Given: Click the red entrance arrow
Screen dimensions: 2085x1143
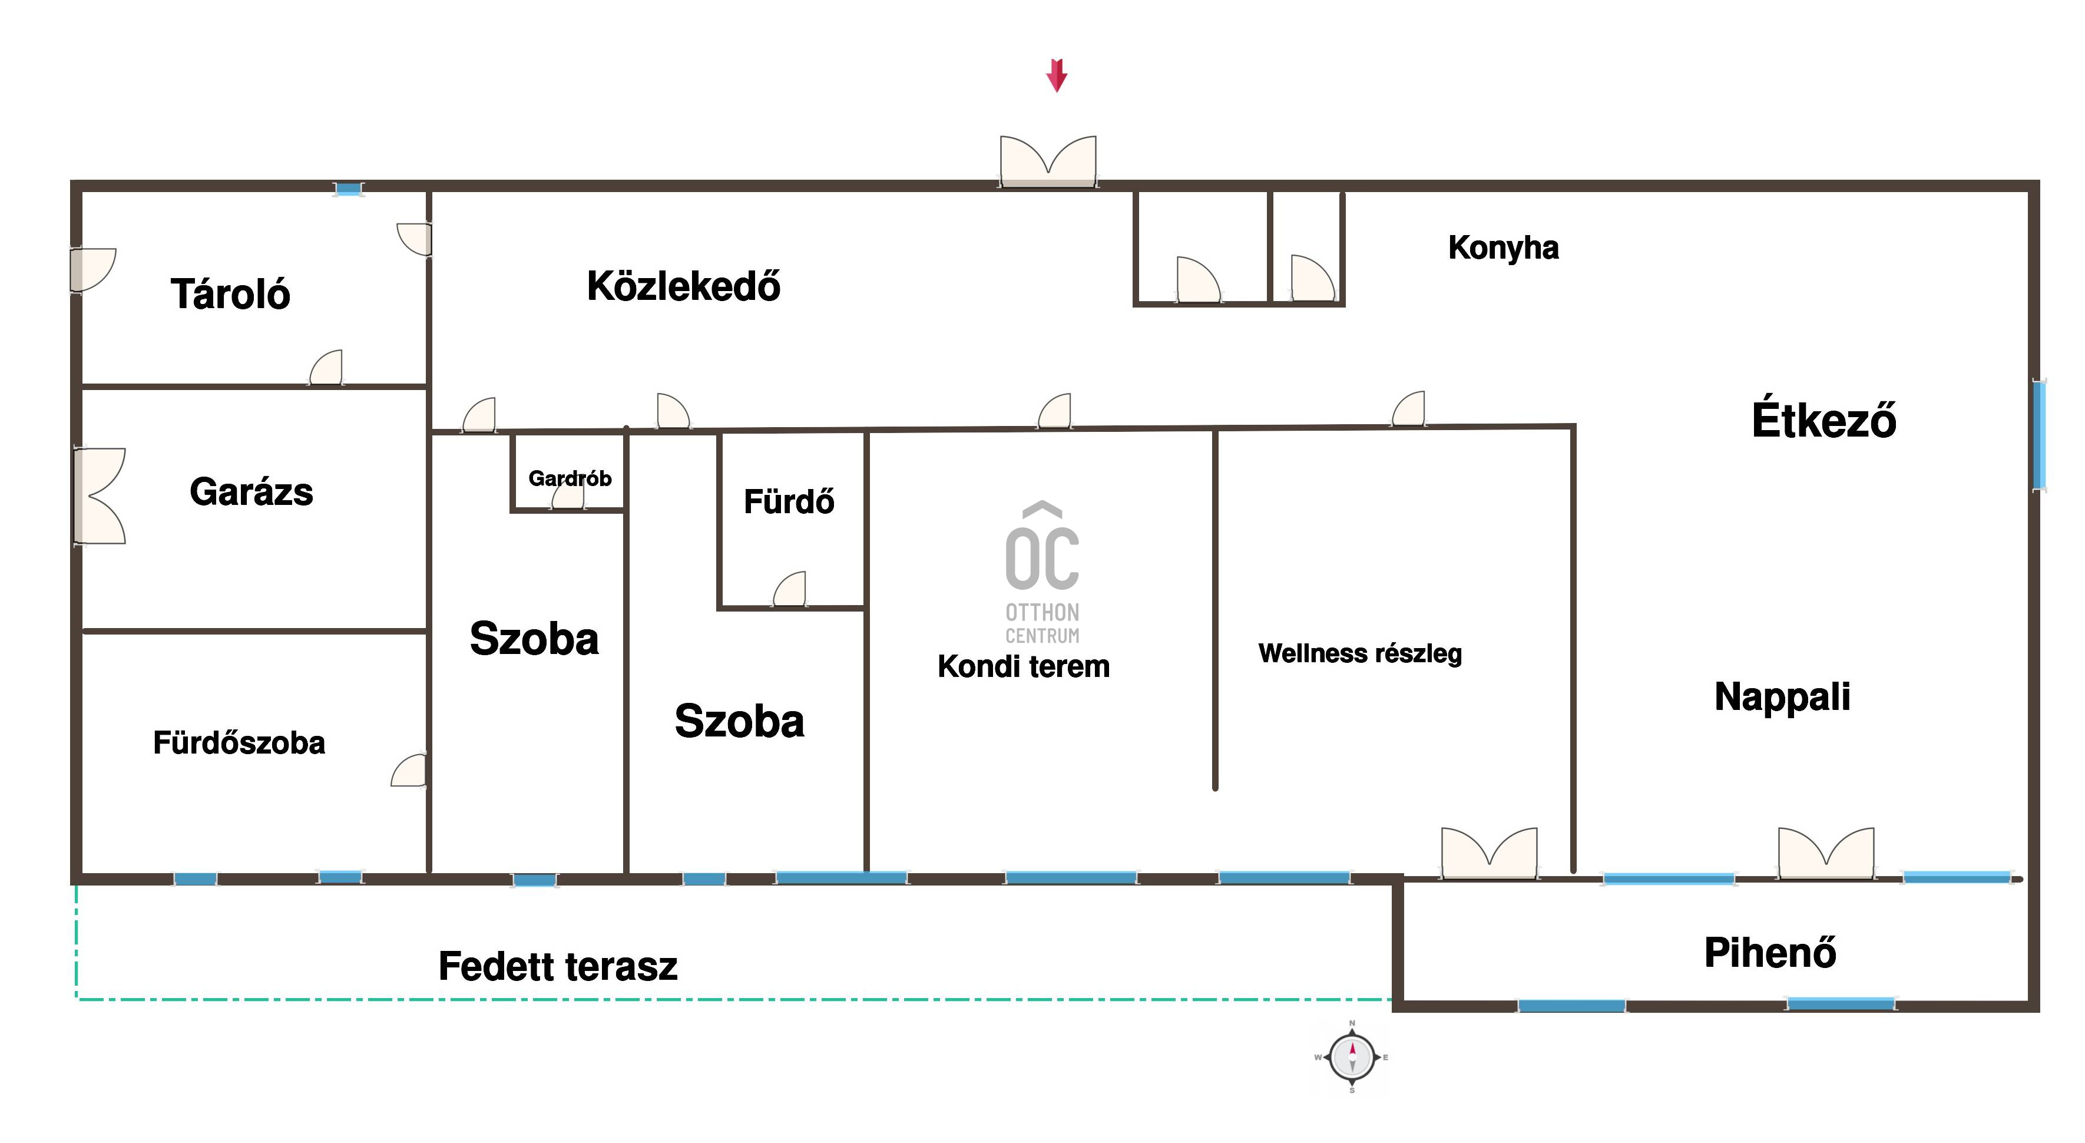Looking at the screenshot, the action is click(x=1056, y=75).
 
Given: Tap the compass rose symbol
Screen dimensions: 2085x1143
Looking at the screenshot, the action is click(x=1351, y=1056).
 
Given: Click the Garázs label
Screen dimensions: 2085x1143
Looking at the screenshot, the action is click(x=251, y=491).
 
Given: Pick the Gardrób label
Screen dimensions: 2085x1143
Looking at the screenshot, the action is click(x=570, y=478).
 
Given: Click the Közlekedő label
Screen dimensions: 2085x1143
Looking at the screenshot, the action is click(x=684, y=285).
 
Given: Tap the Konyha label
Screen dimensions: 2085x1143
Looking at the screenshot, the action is click(x=1503, y=247).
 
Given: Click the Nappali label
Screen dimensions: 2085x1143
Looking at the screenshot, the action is click(x=1782, y=696).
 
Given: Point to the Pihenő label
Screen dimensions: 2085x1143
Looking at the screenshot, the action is click(x=1770, y=952).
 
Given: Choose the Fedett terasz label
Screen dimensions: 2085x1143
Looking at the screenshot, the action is click(x=558, y=966).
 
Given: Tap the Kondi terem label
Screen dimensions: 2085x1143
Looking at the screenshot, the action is click(x=1023, y=666).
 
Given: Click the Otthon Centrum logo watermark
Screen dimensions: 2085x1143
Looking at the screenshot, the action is click(x=1042, y=571).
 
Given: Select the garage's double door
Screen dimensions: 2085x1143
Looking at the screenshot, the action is click(x=100, y=495).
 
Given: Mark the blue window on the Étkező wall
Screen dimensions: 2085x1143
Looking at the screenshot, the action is click(x=2039, y=435).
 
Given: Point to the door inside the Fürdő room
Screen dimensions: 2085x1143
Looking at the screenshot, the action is click(x=790, y=589).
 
